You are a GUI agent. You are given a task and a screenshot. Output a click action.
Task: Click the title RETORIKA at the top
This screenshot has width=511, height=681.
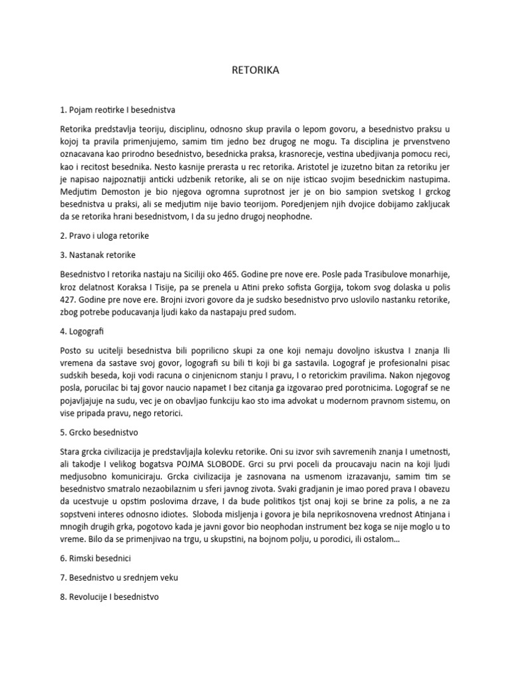(255, 70)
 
